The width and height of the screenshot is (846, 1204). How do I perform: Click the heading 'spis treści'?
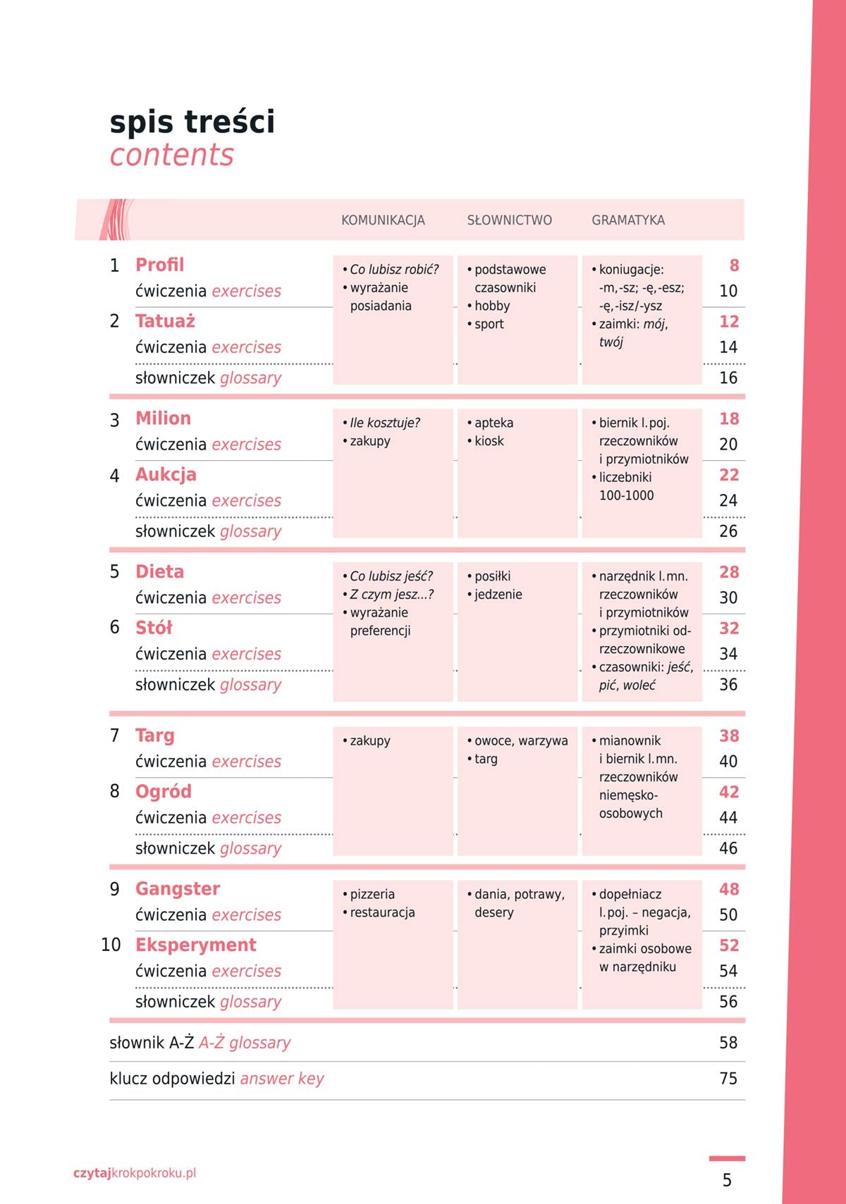click(x=192, y=122)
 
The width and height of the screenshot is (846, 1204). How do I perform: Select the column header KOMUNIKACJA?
click(x=383, y=220)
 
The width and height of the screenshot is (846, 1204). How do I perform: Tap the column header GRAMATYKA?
click(x=627, y=220)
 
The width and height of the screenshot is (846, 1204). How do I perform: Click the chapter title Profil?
click(x=159, y=265)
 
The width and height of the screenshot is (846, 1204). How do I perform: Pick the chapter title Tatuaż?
click(x=165, y=321)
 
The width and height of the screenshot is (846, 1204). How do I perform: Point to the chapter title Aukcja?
click(x=166, y=475)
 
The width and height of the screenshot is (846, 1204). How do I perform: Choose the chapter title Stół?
click(x=154, y=628)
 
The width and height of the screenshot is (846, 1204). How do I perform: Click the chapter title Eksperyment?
click(x=195, y=945)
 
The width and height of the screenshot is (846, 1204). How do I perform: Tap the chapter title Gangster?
click(x=178, y=889)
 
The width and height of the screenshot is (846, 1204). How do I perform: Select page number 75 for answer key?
click(x=728, y=1079)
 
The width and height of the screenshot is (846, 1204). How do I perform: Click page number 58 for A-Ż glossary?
click(x=728, y=1043)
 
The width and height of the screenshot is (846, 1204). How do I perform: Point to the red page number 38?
click(x=729, y=736)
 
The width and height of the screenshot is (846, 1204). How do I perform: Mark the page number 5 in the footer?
click(x=727, y=1180)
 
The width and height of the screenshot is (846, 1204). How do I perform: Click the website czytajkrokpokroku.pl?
click(x=135, y=1173)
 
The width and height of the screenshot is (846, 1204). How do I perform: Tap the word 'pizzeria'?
click(x=372, y=894)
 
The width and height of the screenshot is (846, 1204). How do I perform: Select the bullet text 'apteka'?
click(x=493, y=423)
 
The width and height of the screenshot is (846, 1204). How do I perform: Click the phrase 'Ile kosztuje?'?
click(x=385, y=423)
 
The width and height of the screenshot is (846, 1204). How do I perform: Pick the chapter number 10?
click(x=111, y=945)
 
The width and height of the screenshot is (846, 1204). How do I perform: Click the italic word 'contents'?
click(x=171, y=155)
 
